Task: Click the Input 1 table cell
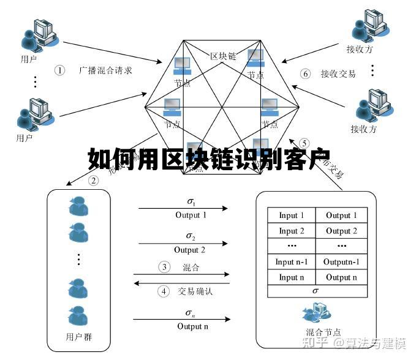click(x=292, y=216)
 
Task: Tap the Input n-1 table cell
click(x=292, y=262)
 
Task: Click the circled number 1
click(x=59, y=70)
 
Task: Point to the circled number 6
click(x=305, y=73)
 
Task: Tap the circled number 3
click(x=164, y=267)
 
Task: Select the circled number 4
click(x=164, y=291)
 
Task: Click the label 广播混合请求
click(x=105, y=70)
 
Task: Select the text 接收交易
click(x=338, y=74)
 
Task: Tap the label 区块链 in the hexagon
click(x=223, y=57)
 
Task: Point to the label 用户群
click(x=79, y=337)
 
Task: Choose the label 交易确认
click(x=195, y=291)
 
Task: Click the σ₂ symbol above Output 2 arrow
click(x=191, y=236)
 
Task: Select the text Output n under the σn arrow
click(x=192, y=326)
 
